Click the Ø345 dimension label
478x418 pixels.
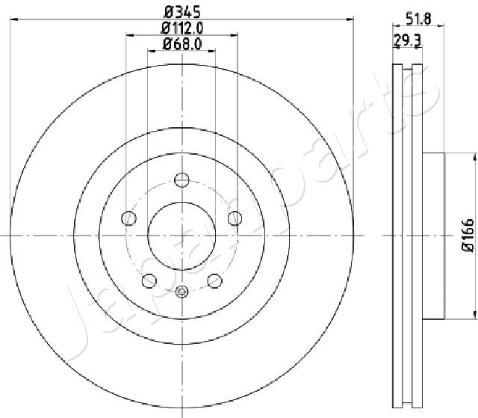(182, 12)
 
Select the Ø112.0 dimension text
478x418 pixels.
(182, 28)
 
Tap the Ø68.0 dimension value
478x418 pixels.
(182, 44)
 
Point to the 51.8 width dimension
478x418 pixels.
(419, 19)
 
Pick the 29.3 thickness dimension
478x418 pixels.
(407, 40)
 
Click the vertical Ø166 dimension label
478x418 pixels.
(468, 236)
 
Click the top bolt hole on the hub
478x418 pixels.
(182, 179)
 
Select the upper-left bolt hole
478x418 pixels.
(128, 218)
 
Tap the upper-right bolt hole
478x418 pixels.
(235, 218)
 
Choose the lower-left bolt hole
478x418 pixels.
(149, 280)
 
